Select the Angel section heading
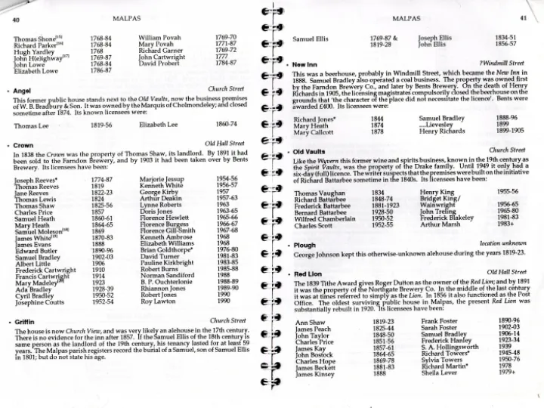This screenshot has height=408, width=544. (x=22, y=91)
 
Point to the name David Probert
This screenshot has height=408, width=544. (x=161, y=63)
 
